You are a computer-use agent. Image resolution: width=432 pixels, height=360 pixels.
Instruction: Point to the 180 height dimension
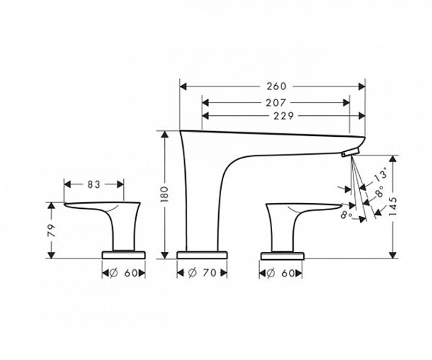[164, 192]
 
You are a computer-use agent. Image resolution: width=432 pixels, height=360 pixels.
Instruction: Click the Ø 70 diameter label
[202, 274]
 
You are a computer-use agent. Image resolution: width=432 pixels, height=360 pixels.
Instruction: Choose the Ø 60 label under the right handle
[282, 274]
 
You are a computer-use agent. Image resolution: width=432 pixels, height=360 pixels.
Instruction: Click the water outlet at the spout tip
[348, 153]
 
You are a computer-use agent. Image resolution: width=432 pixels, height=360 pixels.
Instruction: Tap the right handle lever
[310, 210]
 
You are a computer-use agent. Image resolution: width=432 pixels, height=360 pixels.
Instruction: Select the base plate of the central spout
[202, 254]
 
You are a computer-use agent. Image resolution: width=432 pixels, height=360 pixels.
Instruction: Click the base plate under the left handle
[127, 254]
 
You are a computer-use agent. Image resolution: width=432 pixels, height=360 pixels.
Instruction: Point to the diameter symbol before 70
[192, 274]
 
